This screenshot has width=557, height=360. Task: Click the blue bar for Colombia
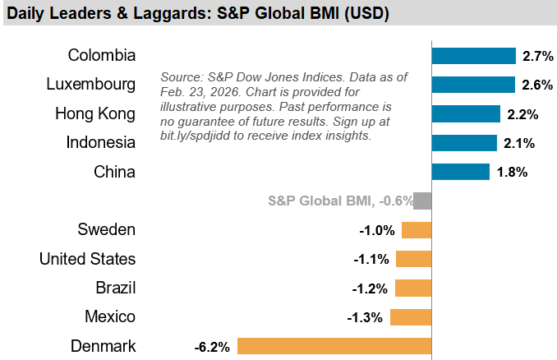(473, 56)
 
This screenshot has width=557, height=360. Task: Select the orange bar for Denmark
(334, 345)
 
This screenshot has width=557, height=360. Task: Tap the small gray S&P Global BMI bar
(422, 201)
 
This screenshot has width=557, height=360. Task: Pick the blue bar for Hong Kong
(466, 113)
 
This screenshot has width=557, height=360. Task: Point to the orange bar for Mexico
(411, 316)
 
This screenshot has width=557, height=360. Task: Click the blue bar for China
(460, 172)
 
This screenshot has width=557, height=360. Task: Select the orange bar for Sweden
(417, 230)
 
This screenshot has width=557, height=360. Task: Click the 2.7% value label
(538, 56)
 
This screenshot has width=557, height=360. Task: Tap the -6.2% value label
(212, 345)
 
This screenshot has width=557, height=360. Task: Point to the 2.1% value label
(519, 143)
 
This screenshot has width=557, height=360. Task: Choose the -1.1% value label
(371, 259)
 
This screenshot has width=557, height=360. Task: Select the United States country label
(87, 259)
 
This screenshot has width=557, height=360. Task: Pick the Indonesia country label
(100, 143)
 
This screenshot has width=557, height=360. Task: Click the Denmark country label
(103, 345)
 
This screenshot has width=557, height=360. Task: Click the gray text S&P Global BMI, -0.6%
(338, 201)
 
